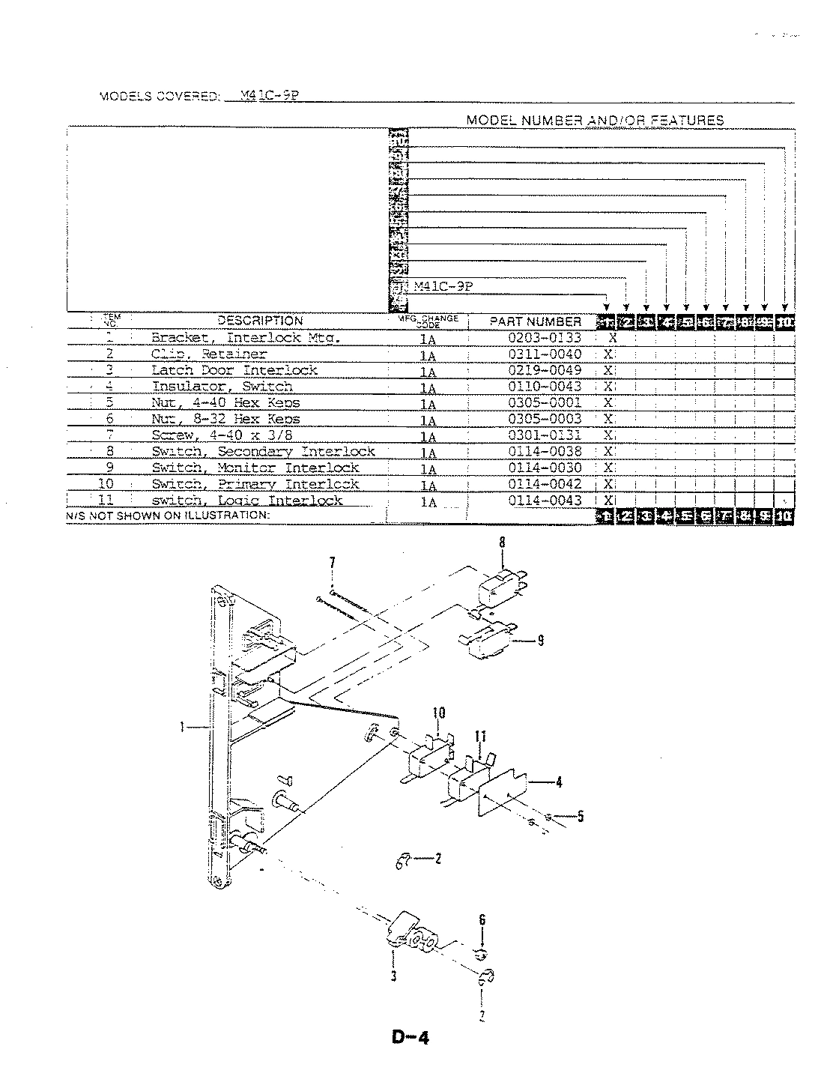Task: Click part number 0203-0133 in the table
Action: (545, 338)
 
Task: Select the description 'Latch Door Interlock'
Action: (234, 370)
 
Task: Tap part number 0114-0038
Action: (545, 451)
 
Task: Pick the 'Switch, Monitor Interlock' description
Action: (255, 468)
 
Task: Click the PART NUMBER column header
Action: (535, 321)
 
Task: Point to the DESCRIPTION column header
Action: (260, 321)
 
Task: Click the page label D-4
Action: (410, 1038)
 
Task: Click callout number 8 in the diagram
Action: (503, 542)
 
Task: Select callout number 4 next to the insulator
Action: (559, 783)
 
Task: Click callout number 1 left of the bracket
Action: (182, 725)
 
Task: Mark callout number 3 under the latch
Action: (393, 975)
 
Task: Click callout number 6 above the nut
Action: (482, 920)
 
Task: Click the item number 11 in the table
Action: (106, 501)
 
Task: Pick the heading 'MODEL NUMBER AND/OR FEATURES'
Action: (595, 120)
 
